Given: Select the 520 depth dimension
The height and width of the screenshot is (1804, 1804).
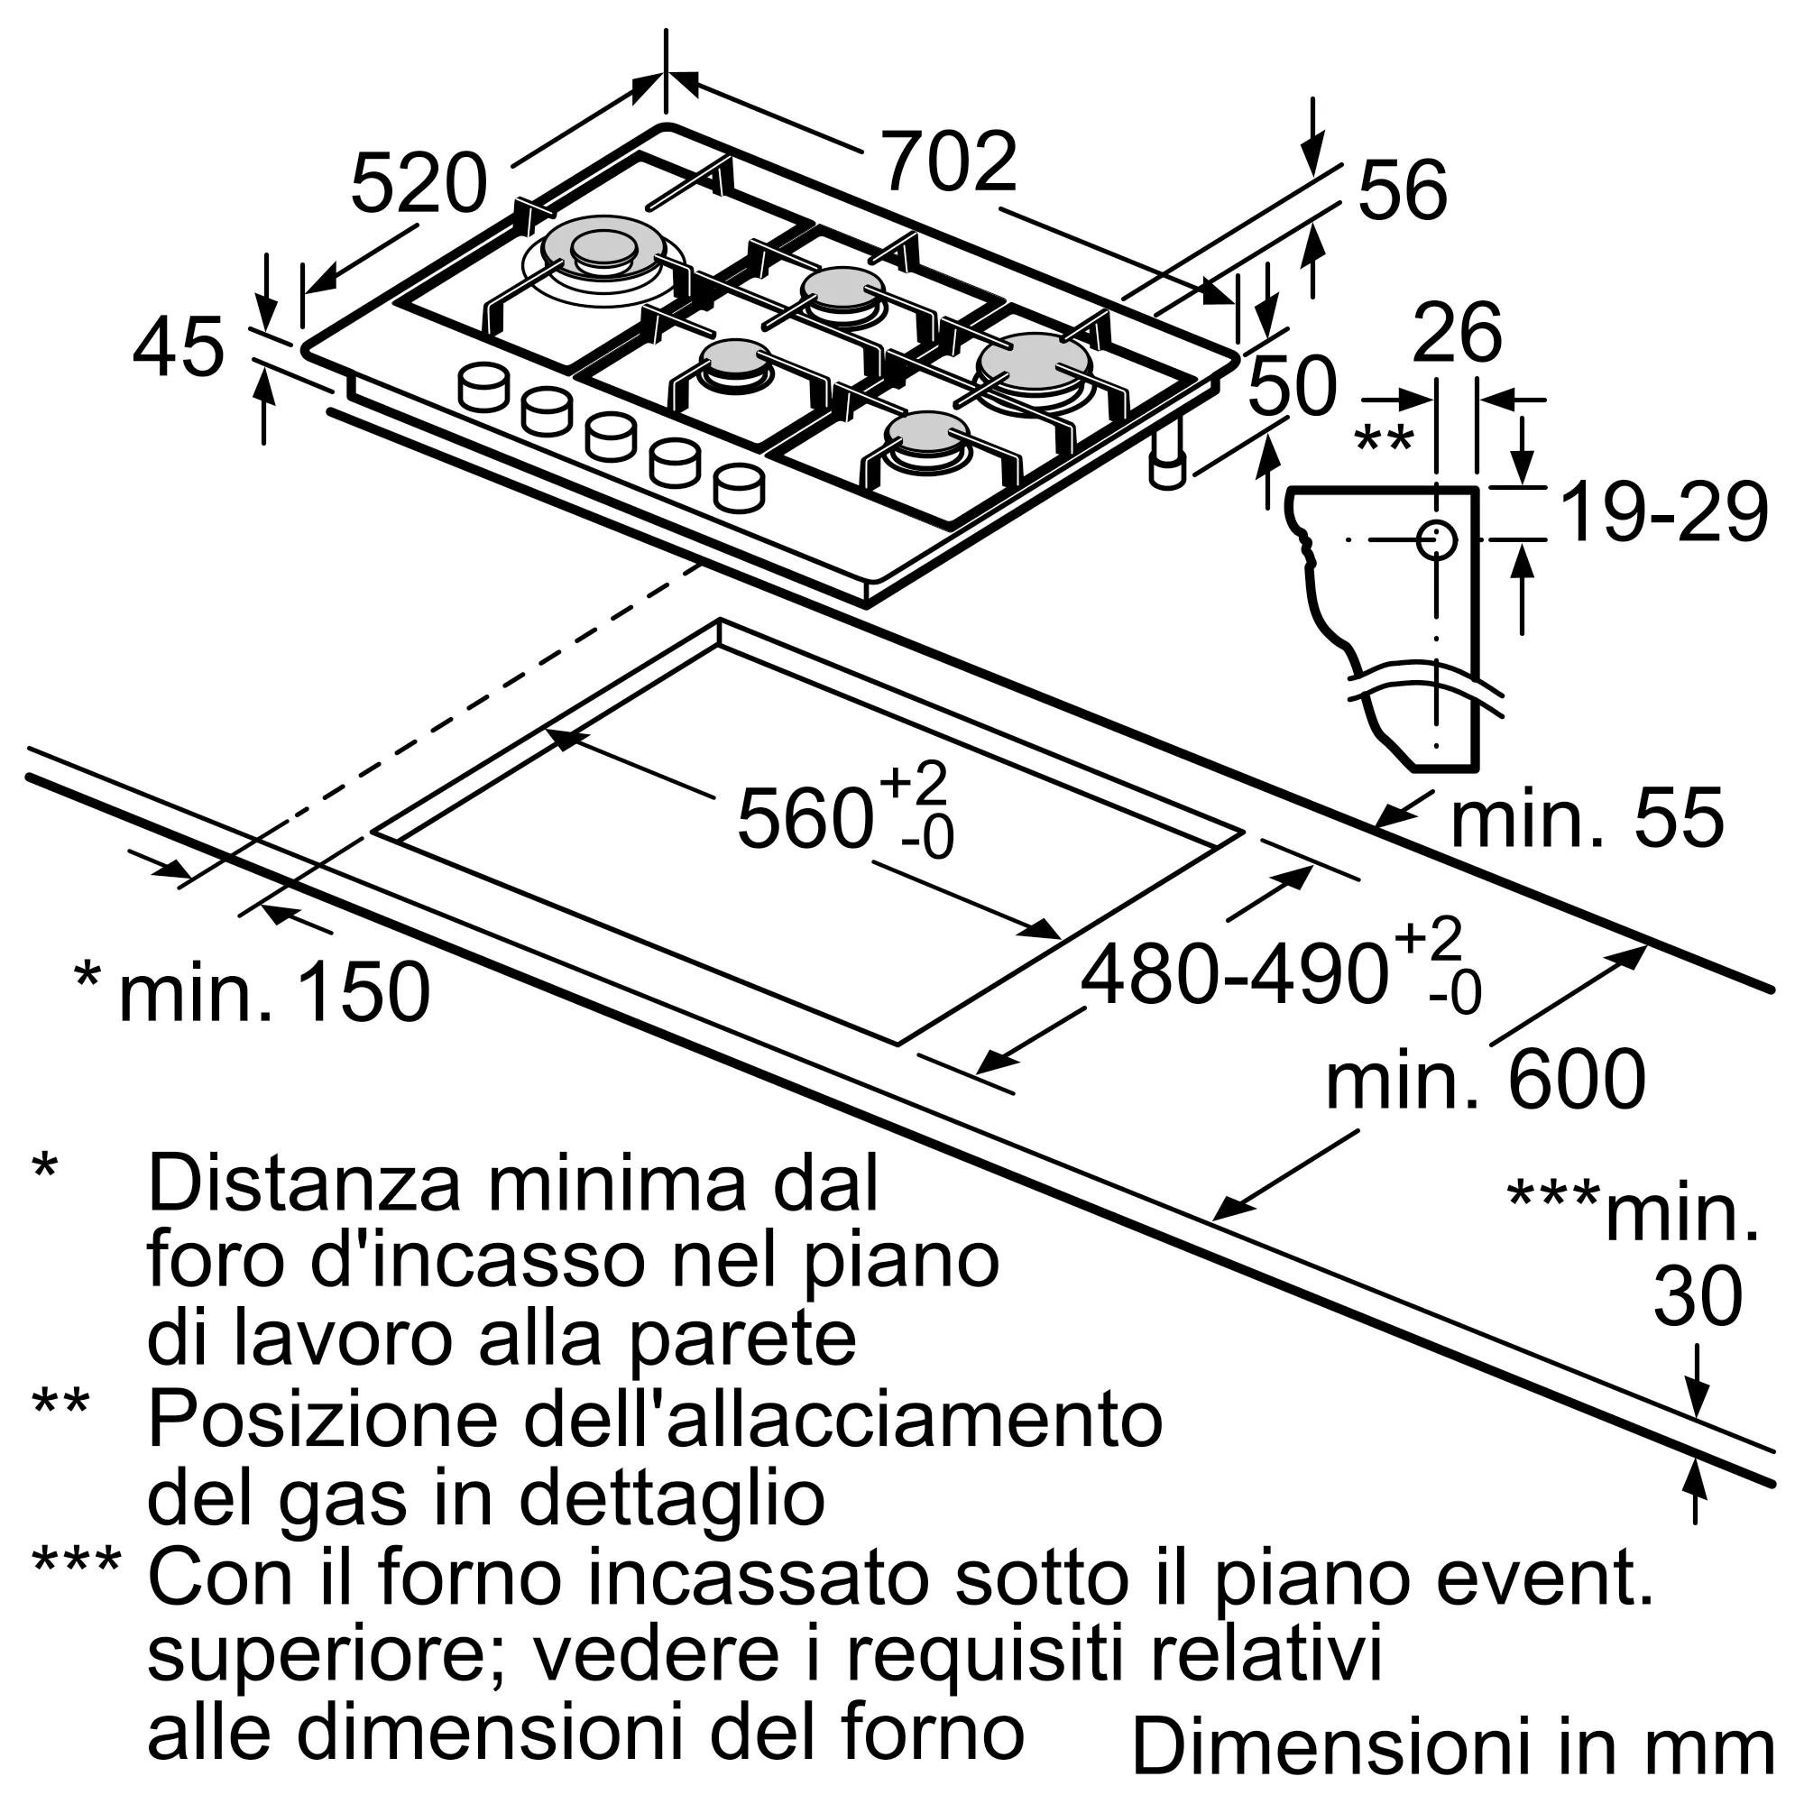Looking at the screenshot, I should pyautogui.click(x=419, y=185).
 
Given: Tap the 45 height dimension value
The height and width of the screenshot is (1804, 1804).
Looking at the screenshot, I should pyautogui.click(x=179, y=348).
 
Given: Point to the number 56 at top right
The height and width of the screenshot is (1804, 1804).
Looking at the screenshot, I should pyautogui.click(x=1402, y=192).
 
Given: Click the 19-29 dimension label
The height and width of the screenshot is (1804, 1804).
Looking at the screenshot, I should pyautogui.click(x=1663, y=512).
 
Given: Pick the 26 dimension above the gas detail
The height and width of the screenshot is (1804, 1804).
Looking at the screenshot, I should pyautogui.click(x=1457, y=334).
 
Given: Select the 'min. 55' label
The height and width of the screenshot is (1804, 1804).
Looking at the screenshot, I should pyautogui.click(x=1586, y=819).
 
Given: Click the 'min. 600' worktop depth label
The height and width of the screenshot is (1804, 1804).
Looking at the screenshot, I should pyautogui.click(x=1485, y=1081).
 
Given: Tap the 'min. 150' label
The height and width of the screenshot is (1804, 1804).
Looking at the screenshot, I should pyautogui.click(x=273, y=992).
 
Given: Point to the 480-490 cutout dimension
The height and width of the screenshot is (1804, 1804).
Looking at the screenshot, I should pyautogui.click(x=1232, y=976).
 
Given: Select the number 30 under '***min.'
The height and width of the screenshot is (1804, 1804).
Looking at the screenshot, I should pyautogui.click(x=1698, y=1297).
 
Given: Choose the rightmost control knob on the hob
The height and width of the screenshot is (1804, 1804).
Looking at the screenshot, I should pyautogui.click(x=739, y=487).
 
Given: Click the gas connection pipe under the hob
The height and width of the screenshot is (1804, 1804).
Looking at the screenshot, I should pyautogui.click(x=1166, y=456).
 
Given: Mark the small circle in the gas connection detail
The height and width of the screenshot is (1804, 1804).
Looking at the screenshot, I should pyautogui.click(x=1436, y=539).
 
